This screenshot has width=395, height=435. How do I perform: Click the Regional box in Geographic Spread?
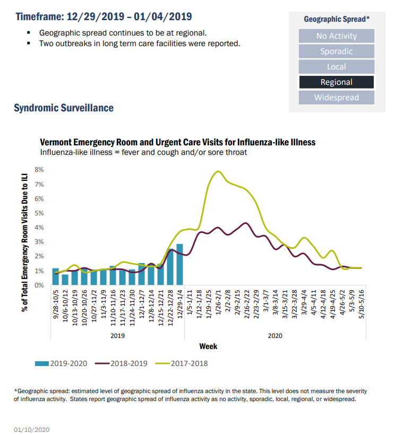coord(336,82)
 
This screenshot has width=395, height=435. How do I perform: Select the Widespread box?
coord(336,98)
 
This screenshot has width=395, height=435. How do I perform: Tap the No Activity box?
coord(336,36)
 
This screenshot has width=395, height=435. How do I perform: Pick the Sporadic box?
coord(336,51)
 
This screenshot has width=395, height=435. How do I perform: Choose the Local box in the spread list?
coord(336,67)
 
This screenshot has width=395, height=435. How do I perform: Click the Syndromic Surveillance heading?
coord(64,108)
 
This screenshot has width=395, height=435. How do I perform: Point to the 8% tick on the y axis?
coord(39,170)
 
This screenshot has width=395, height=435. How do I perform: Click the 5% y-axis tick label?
coord(39,213)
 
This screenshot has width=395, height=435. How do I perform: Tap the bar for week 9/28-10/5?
coord(56,276)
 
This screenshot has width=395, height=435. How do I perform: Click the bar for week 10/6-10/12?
coord(65,279)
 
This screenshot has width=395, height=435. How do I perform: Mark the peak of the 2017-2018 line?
coord(218,171)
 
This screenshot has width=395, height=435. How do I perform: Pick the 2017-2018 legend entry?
coord(182,363)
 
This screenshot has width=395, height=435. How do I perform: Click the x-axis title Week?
coord(208,346)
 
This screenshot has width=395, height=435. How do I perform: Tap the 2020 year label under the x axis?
coord(275,335)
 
